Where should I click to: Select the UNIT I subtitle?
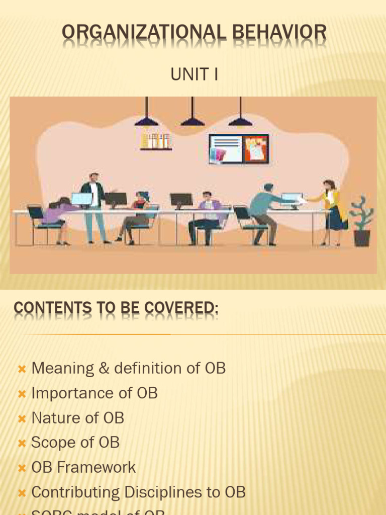[x=194, y=74]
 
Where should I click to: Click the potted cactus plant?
[x=361, y=222]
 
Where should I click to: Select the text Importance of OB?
[x=94, y=393]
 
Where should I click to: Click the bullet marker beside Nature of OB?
[x=22, y=418]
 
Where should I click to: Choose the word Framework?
[x=96, y=467]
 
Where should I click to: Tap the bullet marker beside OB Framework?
[x=22, y=468]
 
